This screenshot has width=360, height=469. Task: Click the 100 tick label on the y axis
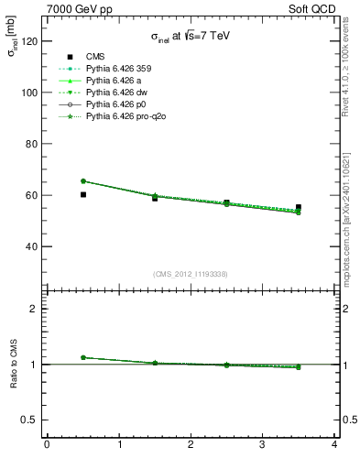click(x=30, y=93)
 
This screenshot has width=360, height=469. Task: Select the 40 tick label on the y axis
click(x=33, y=246)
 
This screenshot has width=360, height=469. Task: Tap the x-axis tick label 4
click(x=334, y=445)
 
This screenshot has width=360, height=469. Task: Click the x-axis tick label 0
click(x=47, y=445)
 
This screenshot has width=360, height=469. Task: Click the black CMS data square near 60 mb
click(x=83, y=194)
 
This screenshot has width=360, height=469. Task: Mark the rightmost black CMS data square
click(x=299, y=207)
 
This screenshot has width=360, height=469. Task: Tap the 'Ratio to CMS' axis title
click(x=14, y=364)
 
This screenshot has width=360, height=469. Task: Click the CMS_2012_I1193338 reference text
click(x=191, y=274)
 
